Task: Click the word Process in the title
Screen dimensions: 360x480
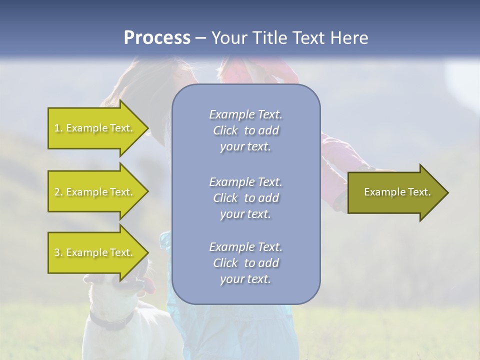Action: coord(157,38)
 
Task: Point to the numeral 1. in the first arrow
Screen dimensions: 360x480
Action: coord(58,128)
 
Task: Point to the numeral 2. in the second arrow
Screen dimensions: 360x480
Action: coord(58,192)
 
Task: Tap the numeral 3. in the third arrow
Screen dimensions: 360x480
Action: coord(58,252)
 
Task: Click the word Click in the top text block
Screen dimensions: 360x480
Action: coord(225,131)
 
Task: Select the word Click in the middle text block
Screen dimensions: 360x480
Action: coord(225,198)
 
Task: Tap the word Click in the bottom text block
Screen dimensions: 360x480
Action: coord(225,263)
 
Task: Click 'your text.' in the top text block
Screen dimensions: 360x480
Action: coord(245,147)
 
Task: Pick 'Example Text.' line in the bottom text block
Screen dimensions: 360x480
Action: coord(245,247)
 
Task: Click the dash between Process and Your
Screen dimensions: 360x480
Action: coord(200,38)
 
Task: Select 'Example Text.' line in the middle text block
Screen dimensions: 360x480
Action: coord(245,182)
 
